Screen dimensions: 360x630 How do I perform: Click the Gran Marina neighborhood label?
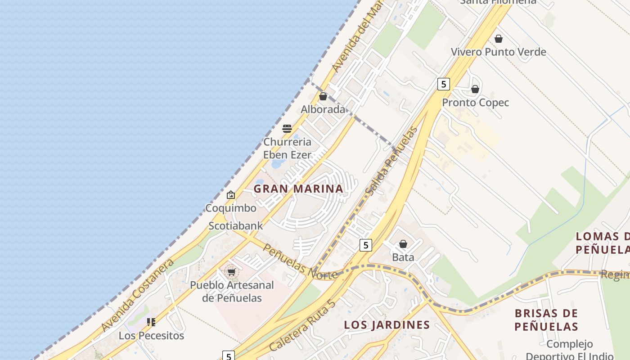click(298, 189)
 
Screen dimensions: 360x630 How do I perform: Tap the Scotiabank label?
click(235, 225)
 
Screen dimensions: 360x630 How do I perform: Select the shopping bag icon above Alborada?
click(323, 96)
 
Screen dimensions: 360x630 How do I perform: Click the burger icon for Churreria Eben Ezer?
click(287, 129)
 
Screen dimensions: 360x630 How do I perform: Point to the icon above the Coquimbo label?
click(231, 195)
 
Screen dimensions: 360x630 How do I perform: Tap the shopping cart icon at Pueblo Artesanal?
click(231, 272)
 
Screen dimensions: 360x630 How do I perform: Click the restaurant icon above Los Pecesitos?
click(151, 322)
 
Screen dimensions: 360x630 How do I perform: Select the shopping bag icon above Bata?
click(403, 244)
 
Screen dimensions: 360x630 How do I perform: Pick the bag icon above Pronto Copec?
click(475, 89)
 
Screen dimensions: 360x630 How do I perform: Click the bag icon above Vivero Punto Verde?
click(498, 39)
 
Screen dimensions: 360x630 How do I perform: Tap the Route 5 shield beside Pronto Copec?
click(443, 84)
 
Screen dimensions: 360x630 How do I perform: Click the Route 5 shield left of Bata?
click(366, 245)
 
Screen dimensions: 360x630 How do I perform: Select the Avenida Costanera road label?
click(138, 295)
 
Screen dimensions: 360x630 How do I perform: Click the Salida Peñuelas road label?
click(391, 162)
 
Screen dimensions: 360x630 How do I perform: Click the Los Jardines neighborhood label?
click(387, 324)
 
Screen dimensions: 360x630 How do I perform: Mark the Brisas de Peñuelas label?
click(546, 319)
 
